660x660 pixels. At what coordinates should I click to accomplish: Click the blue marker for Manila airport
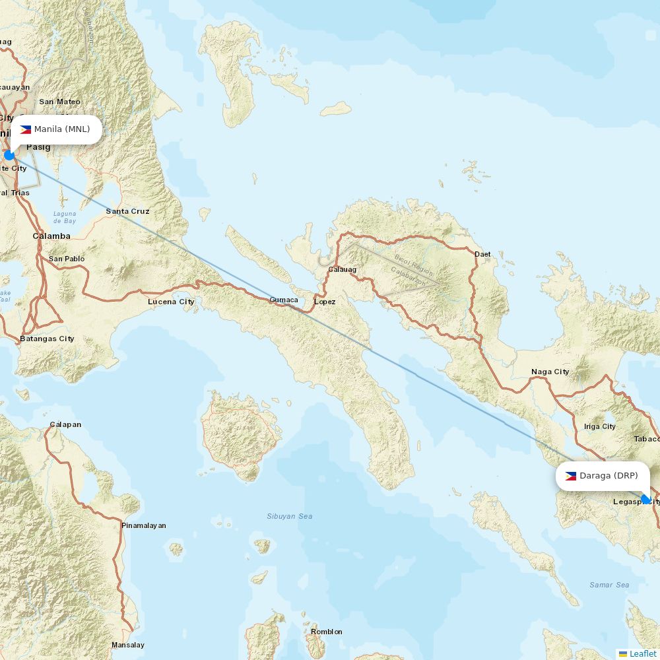(x=9, y=155)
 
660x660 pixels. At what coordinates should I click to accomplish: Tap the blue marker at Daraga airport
(x=645, y=499)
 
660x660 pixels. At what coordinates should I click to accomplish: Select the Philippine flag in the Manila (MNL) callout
(x=26, y=129)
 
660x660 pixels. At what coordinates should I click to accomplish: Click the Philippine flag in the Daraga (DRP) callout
(x=571, y=476)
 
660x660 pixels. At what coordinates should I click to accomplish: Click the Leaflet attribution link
(x=642, y=653)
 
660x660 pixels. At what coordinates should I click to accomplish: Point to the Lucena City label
(x=171, y=302)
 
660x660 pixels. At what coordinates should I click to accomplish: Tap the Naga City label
(x=550, y=372)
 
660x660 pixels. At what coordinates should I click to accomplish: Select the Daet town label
(x=482, y=254)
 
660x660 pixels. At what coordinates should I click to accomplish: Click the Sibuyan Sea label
(x=290, y=516)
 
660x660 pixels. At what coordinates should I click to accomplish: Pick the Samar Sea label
(x=609, y=585)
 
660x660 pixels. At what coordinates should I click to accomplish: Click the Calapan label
(x=65, y=424)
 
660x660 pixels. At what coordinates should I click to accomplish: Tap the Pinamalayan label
(x=143, y=525)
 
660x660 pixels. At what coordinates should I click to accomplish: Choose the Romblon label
(x=327, y=632)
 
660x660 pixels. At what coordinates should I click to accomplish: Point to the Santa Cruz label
(x=127, y=211)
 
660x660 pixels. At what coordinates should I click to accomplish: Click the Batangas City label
(x=47, y=339)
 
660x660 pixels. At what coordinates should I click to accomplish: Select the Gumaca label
(x=283, y=300)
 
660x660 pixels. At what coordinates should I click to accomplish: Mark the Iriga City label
(x=599, y=426)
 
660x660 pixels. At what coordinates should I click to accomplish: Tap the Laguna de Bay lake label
(x=65, y=217)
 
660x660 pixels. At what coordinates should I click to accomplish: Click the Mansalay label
(x=127, y=645)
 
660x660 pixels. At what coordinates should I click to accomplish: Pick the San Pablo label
(x=67, y=259)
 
